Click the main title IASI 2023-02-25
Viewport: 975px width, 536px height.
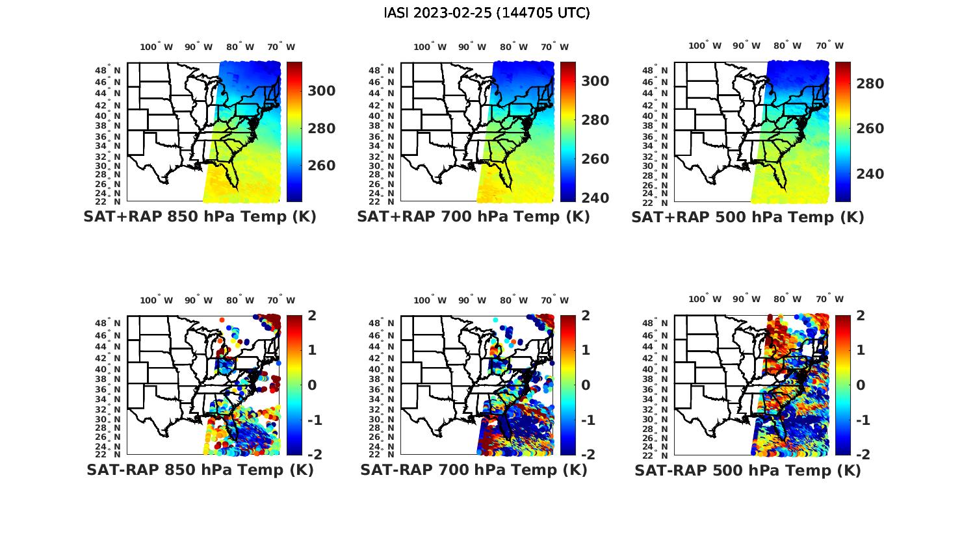tap(487, 13)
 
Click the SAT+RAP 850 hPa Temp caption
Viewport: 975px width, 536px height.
tap(200, 217)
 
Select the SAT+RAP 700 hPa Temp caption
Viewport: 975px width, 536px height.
tap(473, 217)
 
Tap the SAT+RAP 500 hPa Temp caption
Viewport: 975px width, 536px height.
tap(747, 218)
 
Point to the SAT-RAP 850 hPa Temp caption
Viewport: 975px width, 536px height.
tap(200, 470)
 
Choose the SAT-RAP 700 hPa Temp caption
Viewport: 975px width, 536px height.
tap(473, 470)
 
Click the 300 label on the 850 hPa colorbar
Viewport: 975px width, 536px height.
tap(322, 91)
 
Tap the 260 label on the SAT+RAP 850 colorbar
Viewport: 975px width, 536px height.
tap(322, 166)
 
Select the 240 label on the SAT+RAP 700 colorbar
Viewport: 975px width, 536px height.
tap(595, 198)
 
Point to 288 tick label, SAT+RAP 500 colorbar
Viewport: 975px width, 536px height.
tap(870, 84)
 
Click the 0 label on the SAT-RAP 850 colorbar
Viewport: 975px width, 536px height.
tap(311, 385)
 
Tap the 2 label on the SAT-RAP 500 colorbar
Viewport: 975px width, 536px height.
tap(860, 316)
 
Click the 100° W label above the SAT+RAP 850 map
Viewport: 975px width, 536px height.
tap(157, 47)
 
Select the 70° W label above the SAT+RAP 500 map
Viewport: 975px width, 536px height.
tap(829, 45)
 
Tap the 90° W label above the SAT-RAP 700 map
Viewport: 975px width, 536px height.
tap(472, 300)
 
